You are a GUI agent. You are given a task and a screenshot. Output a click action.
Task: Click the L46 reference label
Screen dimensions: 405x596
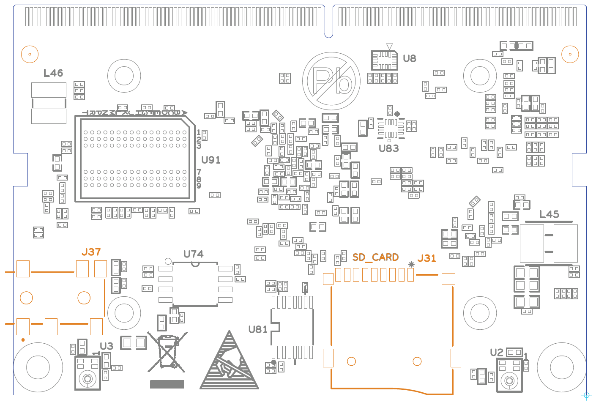pos(53,73)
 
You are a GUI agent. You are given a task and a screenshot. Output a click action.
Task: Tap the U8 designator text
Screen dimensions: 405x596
pos(409,58)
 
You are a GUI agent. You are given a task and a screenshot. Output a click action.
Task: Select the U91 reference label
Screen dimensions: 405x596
pos(211,160)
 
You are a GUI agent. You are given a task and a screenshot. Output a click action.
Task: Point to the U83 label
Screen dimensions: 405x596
pos(388,148)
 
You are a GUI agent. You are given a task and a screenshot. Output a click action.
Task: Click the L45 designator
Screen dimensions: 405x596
pos(549,214)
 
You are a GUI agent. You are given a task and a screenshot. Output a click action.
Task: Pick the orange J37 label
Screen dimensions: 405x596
pos(91,252)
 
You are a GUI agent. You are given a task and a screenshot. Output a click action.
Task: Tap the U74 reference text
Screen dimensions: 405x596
pos(193,254)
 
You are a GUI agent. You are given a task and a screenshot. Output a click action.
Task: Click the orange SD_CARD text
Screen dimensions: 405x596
pos(375,257)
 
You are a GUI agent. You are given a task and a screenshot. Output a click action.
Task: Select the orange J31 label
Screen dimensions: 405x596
pos(426,258)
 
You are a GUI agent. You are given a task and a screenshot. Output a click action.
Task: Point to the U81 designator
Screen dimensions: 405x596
pos(258,329)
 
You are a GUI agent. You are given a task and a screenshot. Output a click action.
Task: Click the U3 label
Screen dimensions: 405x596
pos(107,346)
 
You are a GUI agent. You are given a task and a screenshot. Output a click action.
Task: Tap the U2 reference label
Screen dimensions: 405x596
pos(497,353)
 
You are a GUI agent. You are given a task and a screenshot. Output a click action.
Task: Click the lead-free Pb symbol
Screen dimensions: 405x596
pos(331,81)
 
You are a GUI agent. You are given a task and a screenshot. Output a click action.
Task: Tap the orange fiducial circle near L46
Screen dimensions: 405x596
pos(30,54)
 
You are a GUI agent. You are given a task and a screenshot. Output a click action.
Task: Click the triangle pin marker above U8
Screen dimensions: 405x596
pos(389,46)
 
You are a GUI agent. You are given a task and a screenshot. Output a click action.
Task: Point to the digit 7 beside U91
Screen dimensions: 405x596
pos(199,172)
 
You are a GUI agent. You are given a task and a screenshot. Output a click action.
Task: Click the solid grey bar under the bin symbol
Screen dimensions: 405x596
pos(167,384)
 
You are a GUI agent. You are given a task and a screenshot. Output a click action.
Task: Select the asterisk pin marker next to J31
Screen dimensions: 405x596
pos(411,265)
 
